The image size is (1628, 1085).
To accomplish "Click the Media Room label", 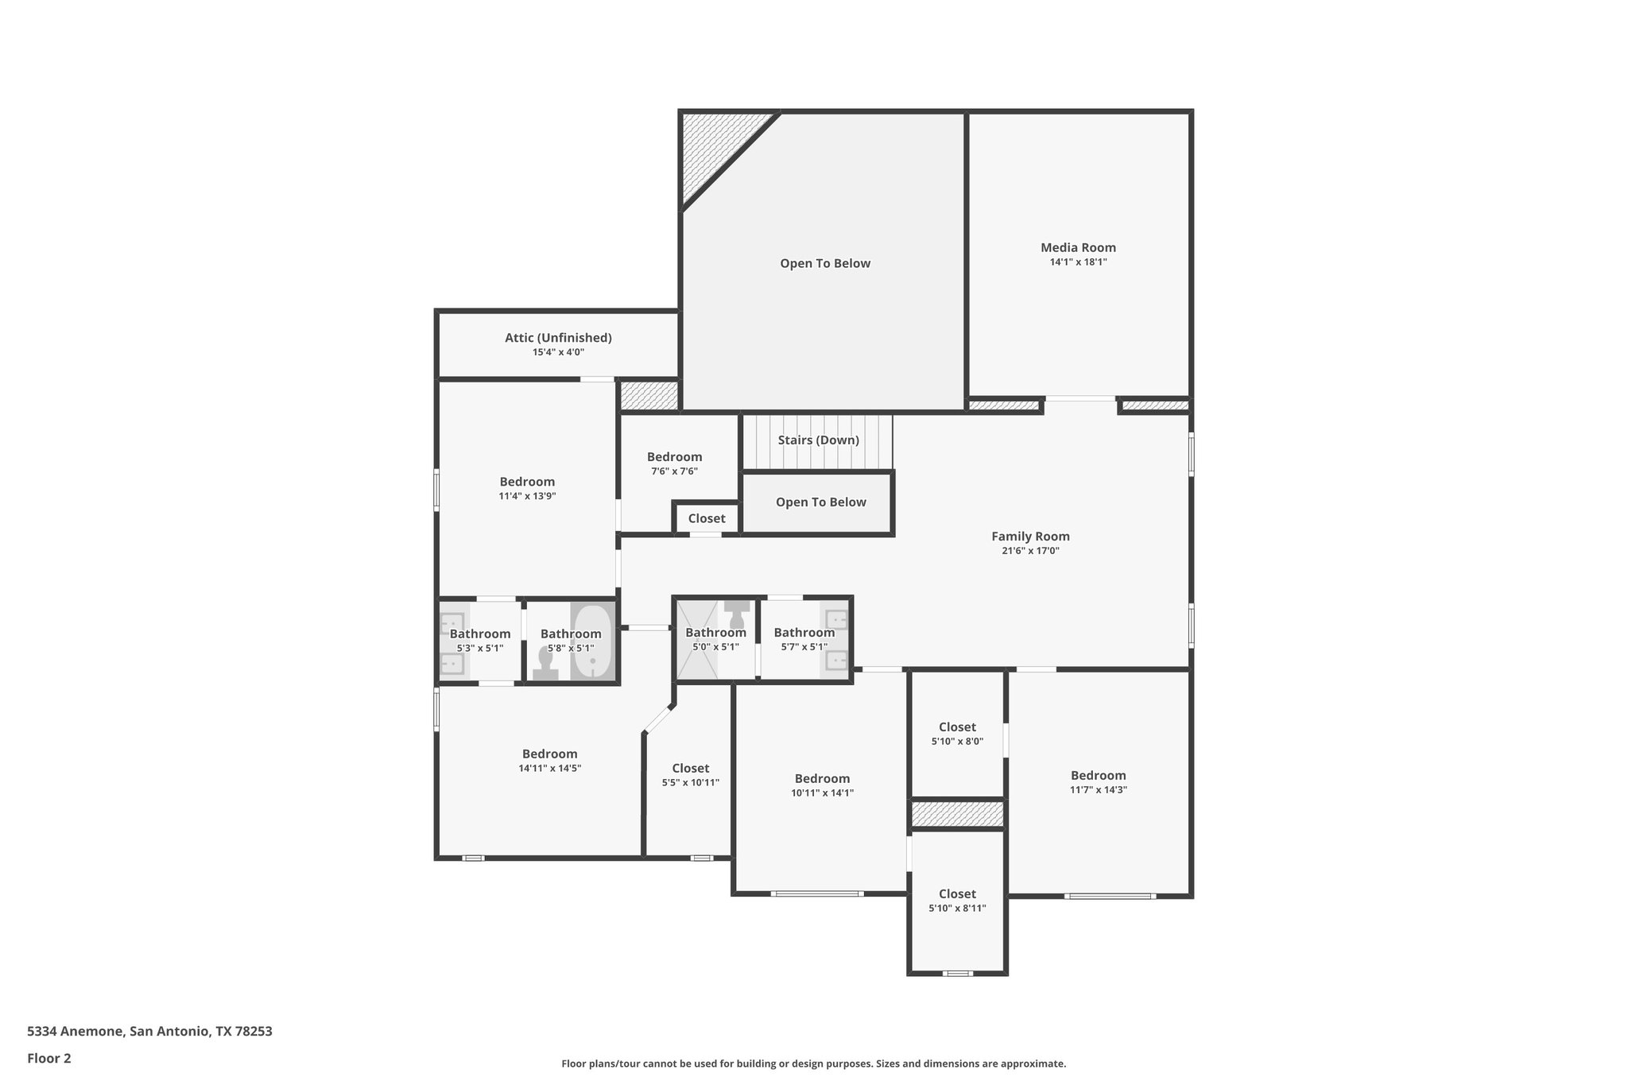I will point(1078,247).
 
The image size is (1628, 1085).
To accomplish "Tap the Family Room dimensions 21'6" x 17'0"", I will point(1030,551).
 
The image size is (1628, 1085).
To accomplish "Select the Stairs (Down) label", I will point(818,440).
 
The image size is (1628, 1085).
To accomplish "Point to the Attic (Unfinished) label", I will point(558,338).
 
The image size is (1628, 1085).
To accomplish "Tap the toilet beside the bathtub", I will point(546,662).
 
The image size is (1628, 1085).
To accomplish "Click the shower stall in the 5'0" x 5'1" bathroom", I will point(696,641).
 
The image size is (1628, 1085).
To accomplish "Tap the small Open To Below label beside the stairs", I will point(820,502).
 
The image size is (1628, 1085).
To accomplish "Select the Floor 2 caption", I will point(49,1058).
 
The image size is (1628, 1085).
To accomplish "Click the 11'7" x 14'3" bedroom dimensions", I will point(1099,790).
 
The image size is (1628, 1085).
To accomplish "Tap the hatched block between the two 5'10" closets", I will point(957,814).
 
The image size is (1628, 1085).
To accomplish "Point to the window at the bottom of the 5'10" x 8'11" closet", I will point(958,973).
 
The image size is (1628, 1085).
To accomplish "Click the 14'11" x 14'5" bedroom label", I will point(549,754).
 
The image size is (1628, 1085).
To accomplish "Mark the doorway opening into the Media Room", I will point(1080,399).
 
